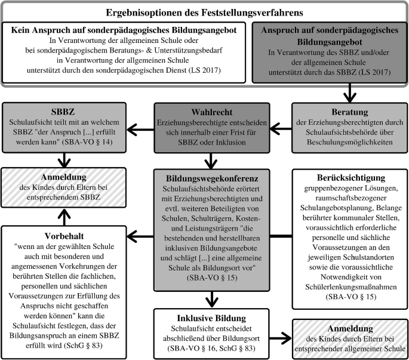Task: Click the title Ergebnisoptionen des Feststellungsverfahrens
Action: pos(204,13)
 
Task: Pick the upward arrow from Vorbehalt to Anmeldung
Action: pos(63,201)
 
